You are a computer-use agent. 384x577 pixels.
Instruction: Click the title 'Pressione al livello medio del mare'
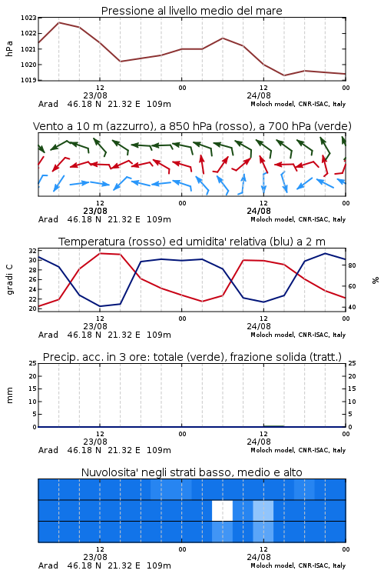pyautogui.click(x=191, y=11)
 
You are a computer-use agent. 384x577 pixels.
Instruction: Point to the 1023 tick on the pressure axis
pyautogui.click(x=28, y=18)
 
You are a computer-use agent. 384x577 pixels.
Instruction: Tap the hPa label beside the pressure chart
pyautogui.click(x=9, y=48)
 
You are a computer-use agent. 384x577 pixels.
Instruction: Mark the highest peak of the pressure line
pyautogui.click(x=59, y=22)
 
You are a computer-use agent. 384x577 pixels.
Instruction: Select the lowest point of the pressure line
pyautogui.click(x=284, y=75)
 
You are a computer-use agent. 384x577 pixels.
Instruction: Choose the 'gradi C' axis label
pyautogui.click(x=9, y=279)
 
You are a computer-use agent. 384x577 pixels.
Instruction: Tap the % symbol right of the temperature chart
pyautogui.click(x=376, y=280)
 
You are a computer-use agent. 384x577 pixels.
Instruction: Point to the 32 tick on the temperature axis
pyautogui.click(x=32, y=251)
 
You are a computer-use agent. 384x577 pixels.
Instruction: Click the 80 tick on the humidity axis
pyautogui.click(x=352, y=265)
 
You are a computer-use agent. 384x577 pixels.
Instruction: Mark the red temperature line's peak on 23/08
pyautogui.click(x=100, y=253)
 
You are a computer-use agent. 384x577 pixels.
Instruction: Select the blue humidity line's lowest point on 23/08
pyautogui.click(x=100, y=306)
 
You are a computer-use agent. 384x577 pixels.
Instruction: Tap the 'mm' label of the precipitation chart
pyautogui.click(x=9, y=395)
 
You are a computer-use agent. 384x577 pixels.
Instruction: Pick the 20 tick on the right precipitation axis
pyautogui.click(x=352, y=376)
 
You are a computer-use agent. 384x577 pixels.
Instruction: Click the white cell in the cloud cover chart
pyautogui.click(x=222, y=510)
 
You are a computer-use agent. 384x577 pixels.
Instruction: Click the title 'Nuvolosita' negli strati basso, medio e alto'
pyautogui.click(x=191, y=472)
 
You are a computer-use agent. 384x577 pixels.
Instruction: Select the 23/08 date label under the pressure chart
pyautogui.click(x=95, y=95)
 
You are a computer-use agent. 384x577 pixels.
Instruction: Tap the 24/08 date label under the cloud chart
pyautogui.click(x=259, y=557)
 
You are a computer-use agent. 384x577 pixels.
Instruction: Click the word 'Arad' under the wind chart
pyautogui.click(x=48, y=219)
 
